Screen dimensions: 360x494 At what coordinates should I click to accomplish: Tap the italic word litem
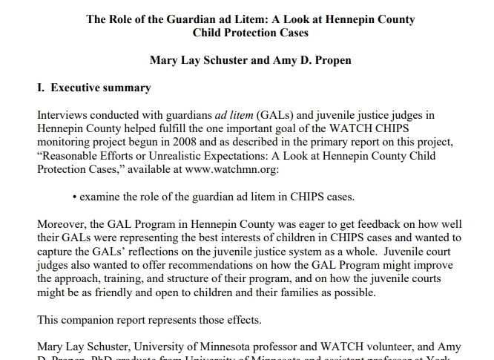point(234,116)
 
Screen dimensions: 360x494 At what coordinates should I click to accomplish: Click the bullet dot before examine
point(76,197)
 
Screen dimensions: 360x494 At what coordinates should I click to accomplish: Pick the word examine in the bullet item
point(102,197)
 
